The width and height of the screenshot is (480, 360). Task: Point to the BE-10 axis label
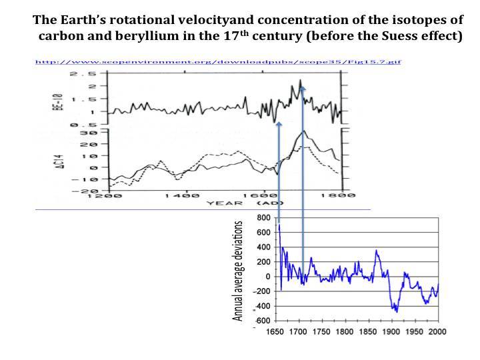pyautogui.click(x=58, y=98)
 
